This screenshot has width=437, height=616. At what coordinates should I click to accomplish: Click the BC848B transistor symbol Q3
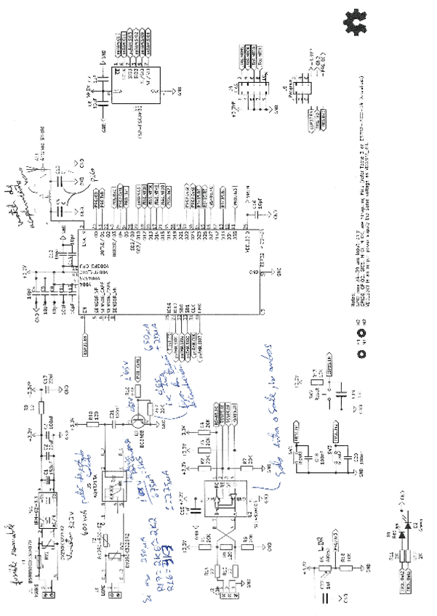pos(139,421)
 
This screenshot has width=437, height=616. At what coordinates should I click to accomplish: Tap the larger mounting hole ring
pos(358,353)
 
